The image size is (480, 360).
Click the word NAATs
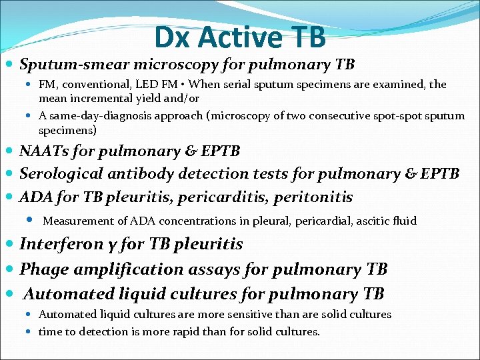45,151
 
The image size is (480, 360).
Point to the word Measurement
76,221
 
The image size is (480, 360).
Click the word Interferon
56,244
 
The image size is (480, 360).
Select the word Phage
40,269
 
